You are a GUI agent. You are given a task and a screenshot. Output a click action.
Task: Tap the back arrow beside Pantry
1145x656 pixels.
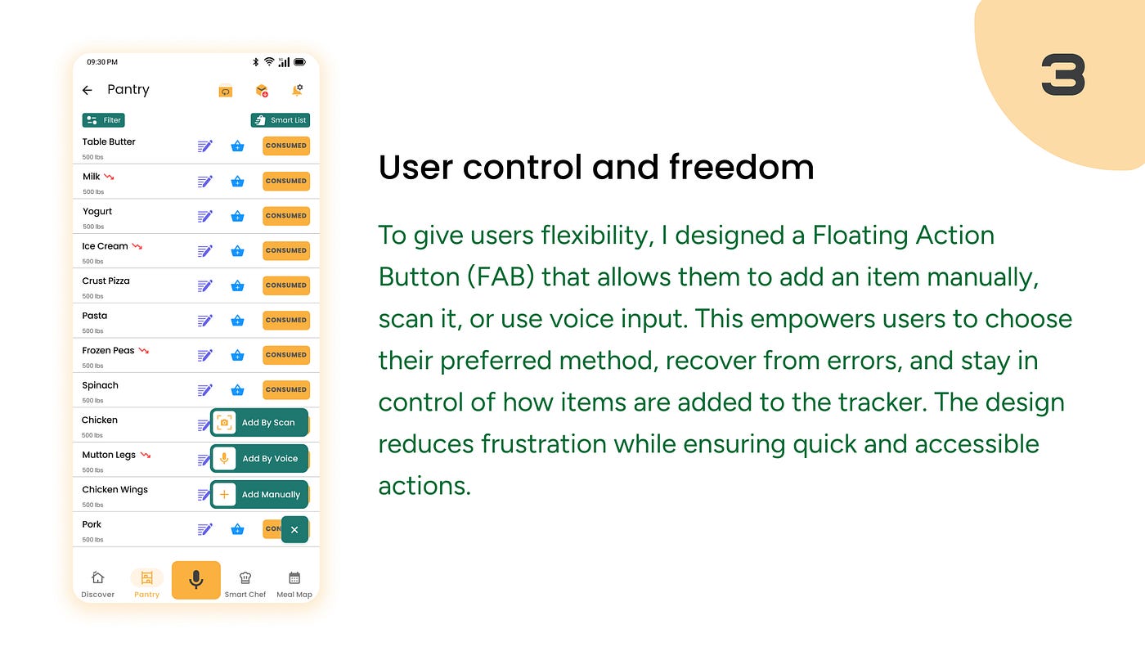(x=88, y=91)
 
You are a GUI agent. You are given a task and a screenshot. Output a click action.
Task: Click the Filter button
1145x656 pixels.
(x=103, y=120)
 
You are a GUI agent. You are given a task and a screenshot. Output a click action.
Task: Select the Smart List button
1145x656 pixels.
(x=280, y=120)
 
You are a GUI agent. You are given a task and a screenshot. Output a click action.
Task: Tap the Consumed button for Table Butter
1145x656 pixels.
(x=285, y=146)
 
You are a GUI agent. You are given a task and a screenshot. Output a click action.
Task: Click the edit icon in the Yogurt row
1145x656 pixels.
(x=205, y=216)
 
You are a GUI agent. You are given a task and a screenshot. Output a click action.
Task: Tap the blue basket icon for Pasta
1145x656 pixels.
(x=237, y=321)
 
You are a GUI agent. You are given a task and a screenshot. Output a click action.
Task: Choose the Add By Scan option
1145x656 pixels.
(x=259, y=422)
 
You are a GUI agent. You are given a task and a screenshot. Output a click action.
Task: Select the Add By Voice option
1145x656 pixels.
(x=259, y=459)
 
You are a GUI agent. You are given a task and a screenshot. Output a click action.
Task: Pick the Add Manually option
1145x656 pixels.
(x=259, y=494)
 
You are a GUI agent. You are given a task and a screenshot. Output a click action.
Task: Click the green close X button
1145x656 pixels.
(x=294, y=530)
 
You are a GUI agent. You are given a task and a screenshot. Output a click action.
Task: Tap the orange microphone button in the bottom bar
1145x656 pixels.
(x=195, y=580)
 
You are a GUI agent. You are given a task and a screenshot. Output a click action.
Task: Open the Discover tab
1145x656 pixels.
(x=97, y=584)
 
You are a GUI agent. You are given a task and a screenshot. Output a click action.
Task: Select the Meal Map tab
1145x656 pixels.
(x=294, y=584)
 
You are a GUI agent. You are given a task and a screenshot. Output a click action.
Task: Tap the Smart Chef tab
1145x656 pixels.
(x=245, y=584)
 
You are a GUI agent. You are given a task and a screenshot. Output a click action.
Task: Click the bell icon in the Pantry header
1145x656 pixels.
(x=297, y=91)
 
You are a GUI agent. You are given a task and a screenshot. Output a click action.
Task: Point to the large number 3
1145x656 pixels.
(x=1063, y=74)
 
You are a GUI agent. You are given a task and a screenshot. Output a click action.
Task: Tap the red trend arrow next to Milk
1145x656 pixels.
(x=109, y=177)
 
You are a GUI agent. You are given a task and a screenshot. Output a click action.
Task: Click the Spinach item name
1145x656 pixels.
(x=100, y=385)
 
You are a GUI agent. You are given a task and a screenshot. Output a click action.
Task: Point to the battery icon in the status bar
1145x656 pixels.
(x=300, y=62)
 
